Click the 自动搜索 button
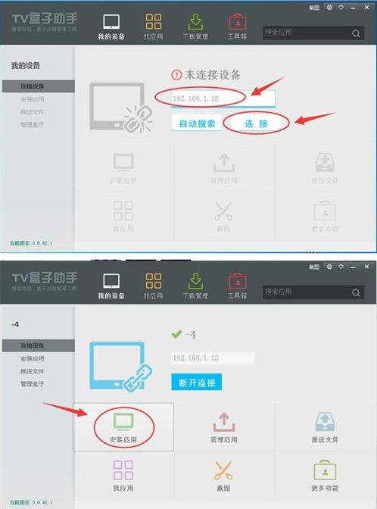click(197, 123)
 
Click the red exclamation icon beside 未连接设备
click(177, 75)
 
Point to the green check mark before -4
click(177, 333)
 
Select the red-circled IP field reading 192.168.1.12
click(200, 98)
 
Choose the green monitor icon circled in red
click(123, 421)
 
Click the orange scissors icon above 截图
click(223, 470)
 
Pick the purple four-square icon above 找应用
click(123, 470)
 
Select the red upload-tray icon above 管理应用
click(223, 421)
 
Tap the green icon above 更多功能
click(324, 470)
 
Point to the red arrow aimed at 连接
click(313, 119)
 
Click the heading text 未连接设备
click(213, 75)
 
